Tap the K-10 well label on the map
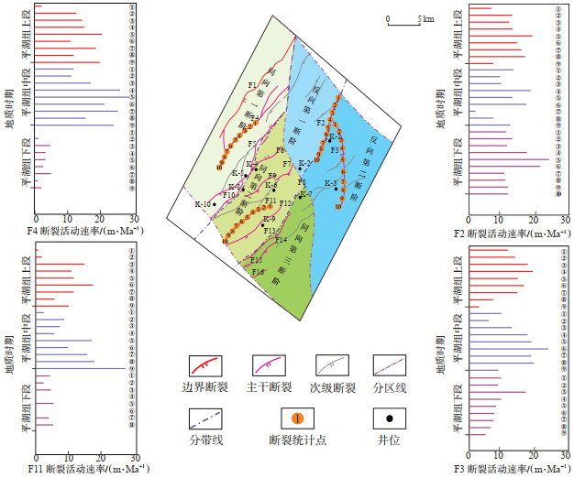pos(203,204)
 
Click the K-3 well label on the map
pos(329,183)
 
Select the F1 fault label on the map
pos(252,85)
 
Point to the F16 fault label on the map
pos(259,272)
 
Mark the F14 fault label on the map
pos(281,240)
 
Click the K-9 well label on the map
pos(268,220)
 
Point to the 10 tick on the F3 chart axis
pos(499,455)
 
